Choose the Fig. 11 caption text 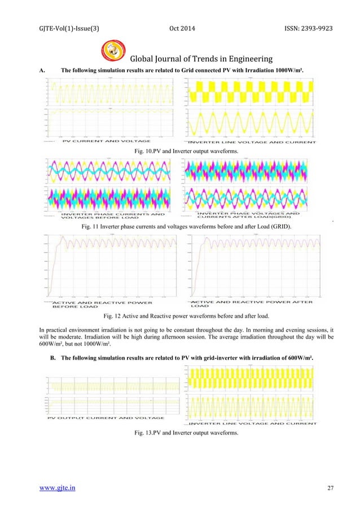pyautogui.click(x=179, y=226)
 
